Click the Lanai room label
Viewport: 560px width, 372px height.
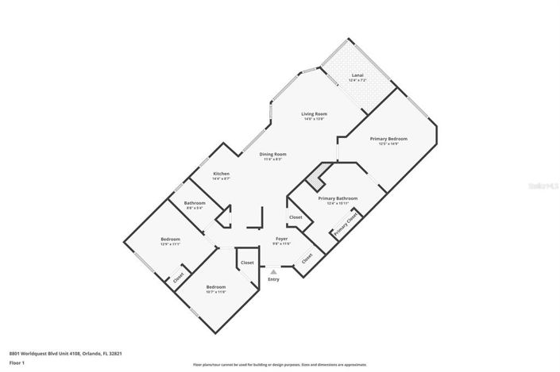[357, 76]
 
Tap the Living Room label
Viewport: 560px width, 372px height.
[314, 114]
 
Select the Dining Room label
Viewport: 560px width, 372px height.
[273, 154]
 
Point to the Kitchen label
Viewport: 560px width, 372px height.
[221, 174]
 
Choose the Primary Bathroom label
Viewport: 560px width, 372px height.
[338, 198]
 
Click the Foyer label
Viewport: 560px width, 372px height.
[281, 239]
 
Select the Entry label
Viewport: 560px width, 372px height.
[274, 279]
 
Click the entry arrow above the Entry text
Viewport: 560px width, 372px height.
[274, 271]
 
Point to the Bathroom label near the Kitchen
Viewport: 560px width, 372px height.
[195, 203]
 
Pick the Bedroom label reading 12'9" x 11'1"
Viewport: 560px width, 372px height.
[171, 239]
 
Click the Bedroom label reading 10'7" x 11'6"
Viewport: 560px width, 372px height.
[216, 286]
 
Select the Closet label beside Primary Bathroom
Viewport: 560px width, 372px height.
[295, 217]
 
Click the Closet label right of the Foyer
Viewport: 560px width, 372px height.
[307, 258]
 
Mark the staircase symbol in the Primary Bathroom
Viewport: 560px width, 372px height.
[318, 181]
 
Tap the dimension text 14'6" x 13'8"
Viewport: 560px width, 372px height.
[314, 119]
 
